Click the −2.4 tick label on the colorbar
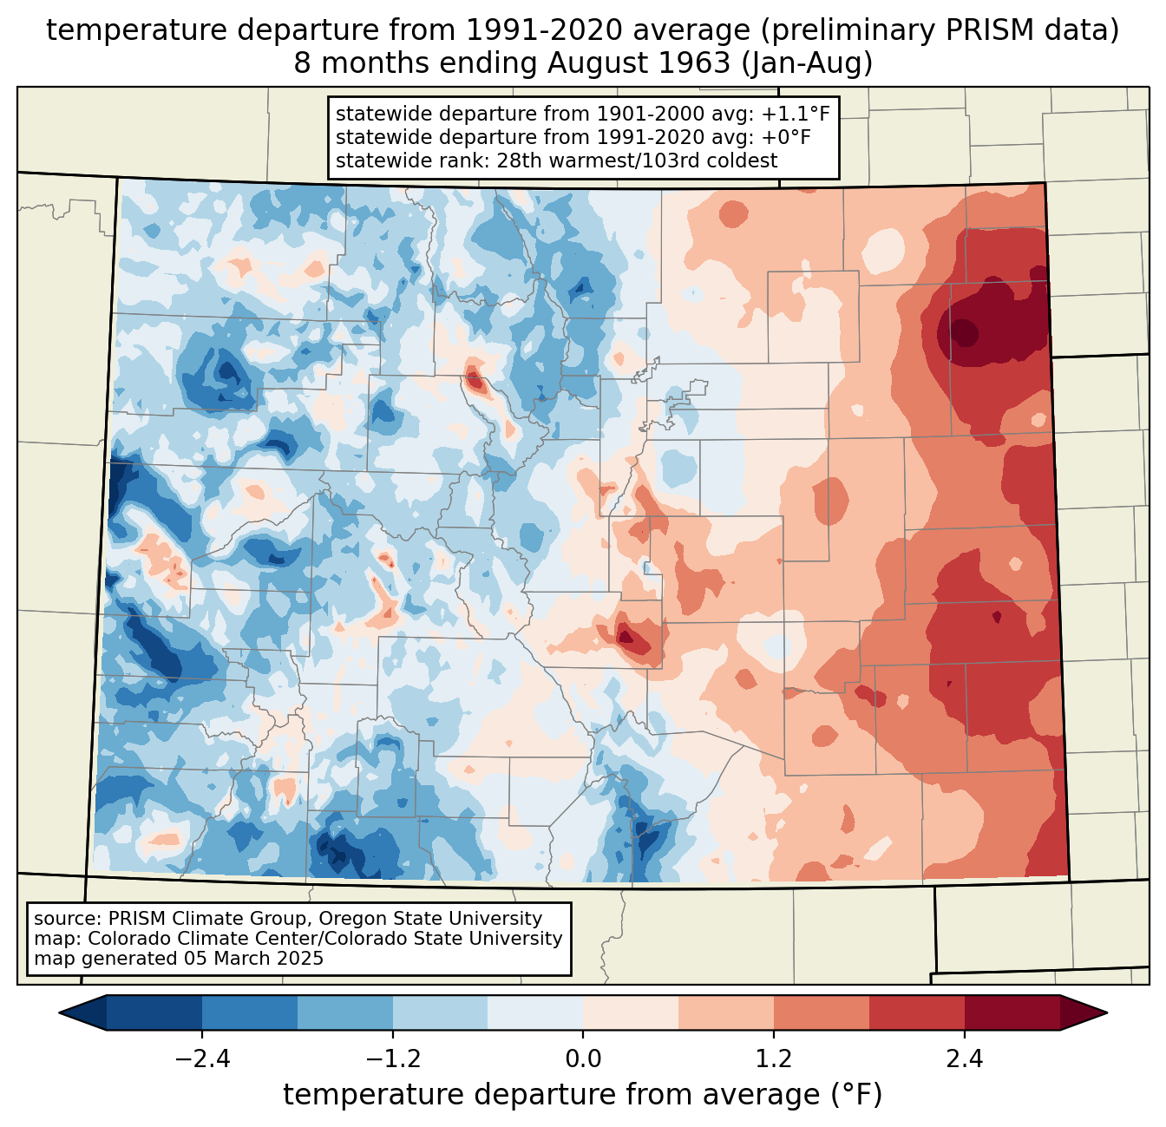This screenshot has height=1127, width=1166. (201, 1059)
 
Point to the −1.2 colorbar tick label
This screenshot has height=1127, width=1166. (392, 1059)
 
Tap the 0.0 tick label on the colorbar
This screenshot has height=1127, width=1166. (583, 1059)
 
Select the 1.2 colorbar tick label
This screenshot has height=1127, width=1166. (774, 1059)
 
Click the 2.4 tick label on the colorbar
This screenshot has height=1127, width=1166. (965, 1059)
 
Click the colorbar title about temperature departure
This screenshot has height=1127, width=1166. (583, 1096)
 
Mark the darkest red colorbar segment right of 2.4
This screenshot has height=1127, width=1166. (1012, 1012)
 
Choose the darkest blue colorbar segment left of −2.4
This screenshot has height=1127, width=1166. (154, 1012)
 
